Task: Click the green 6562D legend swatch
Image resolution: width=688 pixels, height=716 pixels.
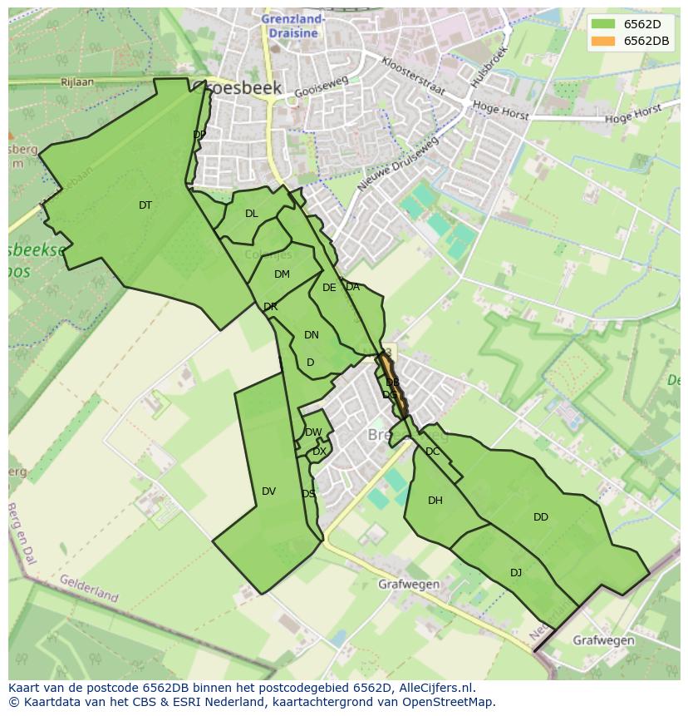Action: pyautogui.click(x=603, y=24)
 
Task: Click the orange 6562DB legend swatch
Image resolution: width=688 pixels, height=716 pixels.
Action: pyautogui.click(x=603, y=41)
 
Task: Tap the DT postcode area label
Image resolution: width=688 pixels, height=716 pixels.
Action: pyautogui.click(x=145, y=205)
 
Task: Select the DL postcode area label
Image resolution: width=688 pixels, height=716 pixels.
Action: pyautogui.click(x=252, y=214)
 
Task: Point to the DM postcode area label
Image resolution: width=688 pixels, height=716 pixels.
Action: pyautogui.click(x=282, y=274)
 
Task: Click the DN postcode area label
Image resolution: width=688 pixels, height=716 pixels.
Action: pyautogui.click(x=312, y=335)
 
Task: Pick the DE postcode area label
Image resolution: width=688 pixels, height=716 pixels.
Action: pyautogui.click(x=329, y=288)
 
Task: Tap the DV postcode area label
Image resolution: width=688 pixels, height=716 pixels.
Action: pyautogui.click(x=268, y=491)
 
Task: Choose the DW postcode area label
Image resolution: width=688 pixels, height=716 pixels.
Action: pyautogui.click(x=313, y=432)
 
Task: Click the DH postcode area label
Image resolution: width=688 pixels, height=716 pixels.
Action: pyautogui.click(x=435, y=501)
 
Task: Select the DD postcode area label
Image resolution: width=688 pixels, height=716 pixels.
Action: pyautogui.click(x=541, y=517)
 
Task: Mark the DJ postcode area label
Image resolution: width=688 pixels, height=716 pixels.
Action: pyautogui.click(x=516, y=572)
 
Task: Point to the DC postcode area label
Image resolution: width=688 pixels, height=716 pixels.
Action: pyautogui.click(x=433, y=452)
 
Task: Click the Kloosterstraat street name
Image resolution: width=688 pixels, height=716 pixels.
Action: pyautogui.click(x=413, y=76)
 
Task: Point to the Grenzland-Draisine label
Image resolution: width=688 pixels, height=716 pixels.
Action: pyautogui.click(x=293, y=25)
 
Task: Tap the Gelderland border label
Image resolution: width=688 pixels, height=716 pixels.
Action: pyautogui.click(x=89, y=587)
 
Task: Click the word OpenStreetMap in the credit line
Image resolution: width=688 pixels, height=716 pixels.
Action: pyautogui.click(x=450, y=701)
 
